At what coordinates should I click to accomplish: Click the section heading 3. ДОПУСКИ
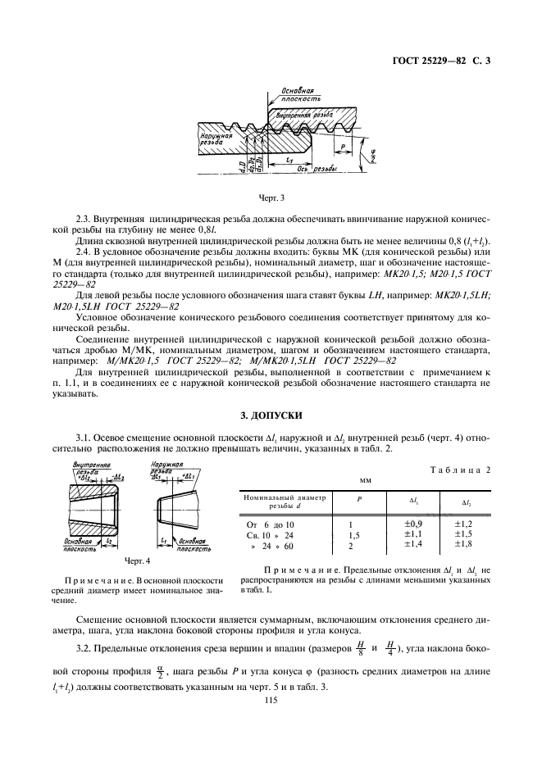(x=271, y=416)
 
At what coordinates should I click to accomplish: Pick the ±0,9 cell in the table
(x=413, y=523)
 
